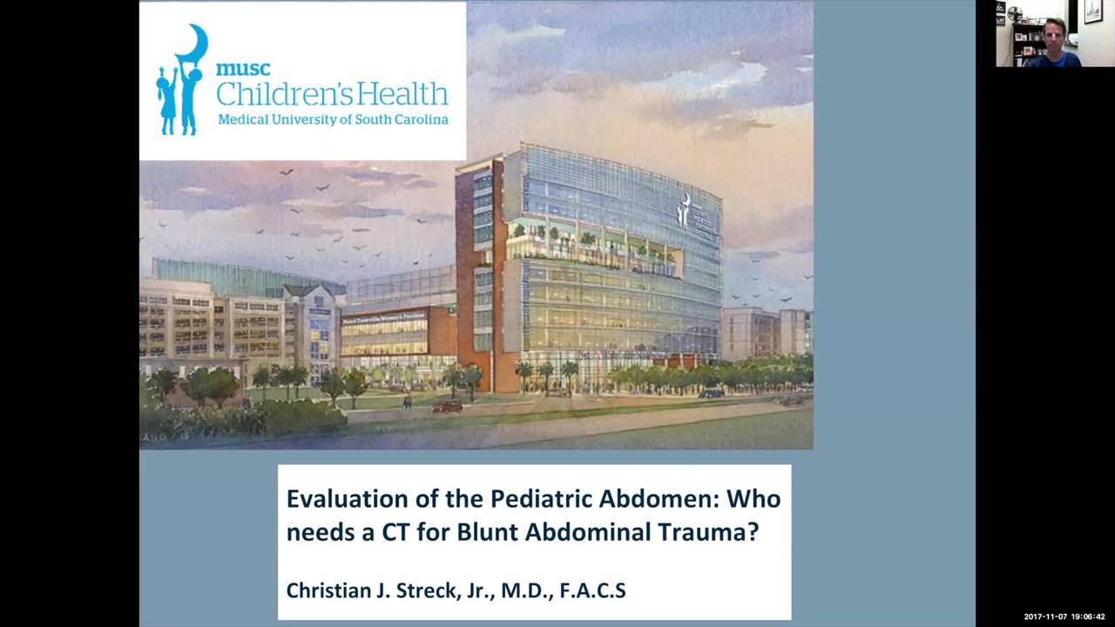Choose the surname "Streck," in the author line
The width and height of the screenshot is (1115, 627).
430,590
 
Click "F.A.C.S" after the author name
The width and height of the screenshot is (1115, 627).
592,590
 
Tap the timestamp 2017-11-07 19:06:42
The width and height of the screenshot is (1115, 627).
1064,617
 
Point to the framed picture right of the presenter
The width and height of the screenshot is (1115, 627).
1093,11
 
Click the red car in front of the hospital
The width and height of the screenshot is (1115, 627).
448,406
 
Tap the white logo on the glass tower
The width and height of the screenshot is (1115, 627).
686,209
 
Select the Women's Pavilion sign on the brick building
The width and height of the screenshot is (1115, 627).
383,316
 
